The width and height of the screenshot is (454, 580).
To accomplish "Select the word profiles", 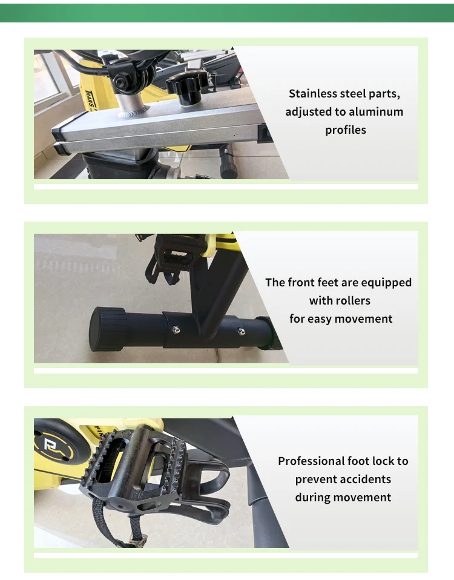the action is point(346,130).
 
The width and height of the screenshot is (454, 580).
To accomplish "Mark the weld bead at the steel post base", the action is point(134,111).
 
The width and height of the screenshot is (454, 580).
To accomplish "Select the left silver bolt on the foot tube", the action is point(177,329).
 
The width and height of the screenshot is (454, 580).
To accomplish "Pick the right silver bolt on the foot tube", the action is point(241,331).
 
